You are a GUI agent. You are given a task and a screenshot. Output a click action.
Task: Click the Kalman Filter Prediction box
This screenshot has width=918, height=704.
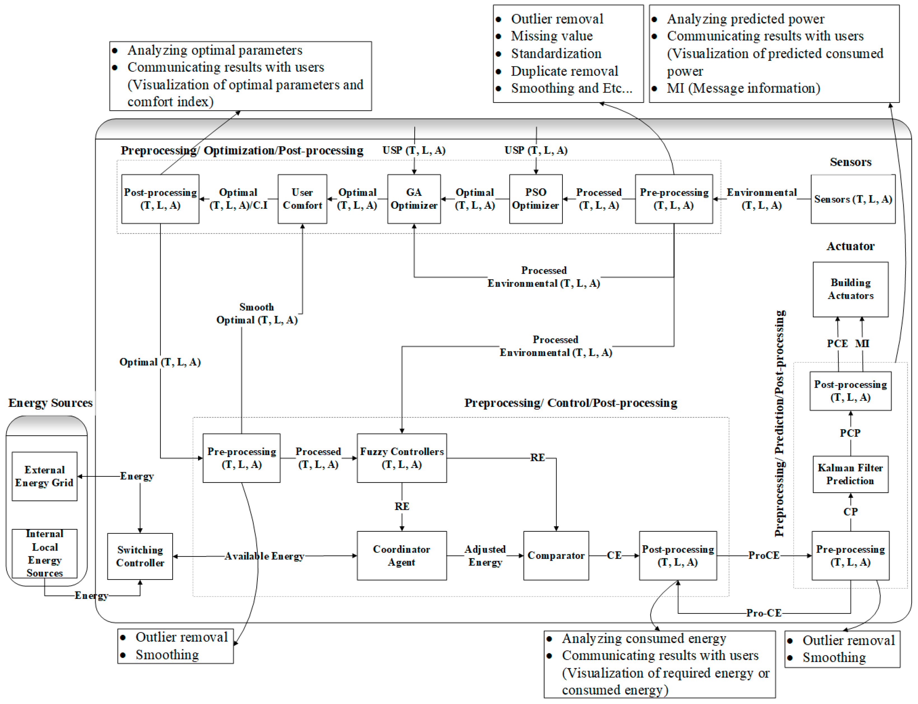[x=850, y=474]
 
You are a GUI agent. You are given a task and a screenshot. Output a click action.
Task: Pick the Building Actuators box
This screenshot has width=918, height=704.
[x=850, y=289]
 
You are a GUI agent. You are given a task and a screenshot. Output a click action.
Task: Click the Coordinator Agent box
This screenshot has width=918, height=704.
[x=401, y=555]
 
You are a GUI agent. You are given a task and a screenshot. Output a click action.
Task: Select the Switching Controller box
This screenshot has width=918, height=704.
[x=140, y=556]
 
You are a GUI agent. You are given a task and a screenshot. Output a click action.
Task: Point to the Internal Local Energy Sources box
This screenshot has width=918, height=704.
[x=45, y=553]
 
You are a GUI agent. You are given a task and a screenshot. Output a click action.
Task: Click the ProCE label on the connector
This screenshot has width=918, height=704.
[x=764, y=555]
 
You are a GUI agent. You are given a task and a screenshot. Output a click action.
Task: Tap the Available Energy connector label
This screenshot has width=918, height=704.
[x=264, y=556]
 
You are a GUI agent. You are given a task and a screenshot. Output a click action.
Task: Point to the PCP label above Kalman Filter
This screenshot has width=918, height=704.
[x=850, y=433]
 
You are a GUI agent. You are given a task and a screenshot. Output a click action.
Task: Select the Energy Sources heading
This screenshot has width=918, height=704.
[x=50, y=403]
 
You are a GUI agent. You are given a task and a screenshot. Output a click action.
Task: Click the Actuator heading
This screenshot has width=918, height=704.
[x=850, y=246]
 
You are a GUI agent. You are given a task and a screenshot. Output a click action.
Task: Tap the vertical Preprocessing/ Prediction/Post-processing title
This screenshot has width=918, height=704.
[x=779, y=423]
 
